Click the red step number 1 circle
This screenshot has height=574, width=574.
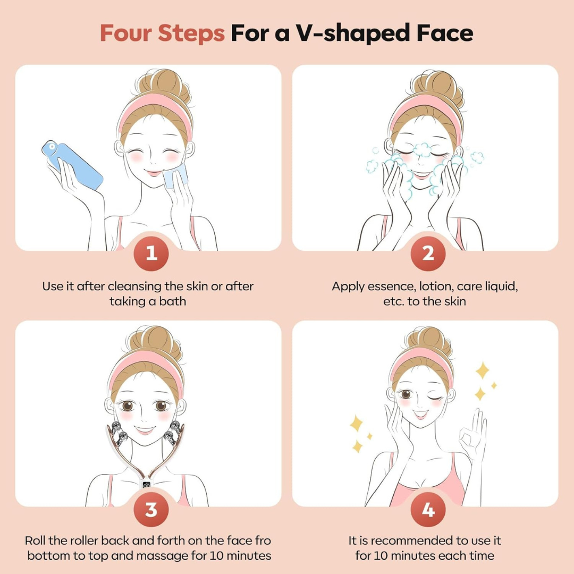[x=151, y=254]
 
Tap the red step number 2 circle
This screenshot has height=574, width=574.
[x=428, y=254]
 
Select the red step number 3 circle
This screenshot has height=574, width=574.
[x=151, y=509]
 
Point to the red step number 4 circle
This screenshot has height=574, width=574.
[x=428, y=509]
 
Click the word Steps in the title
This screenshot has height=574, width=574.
[x=192, y=33]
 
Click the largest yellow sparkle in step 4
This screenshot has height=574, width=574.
[x=482, y=370]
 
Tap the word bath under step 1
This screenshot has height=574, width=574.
[x=174, y=301]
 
